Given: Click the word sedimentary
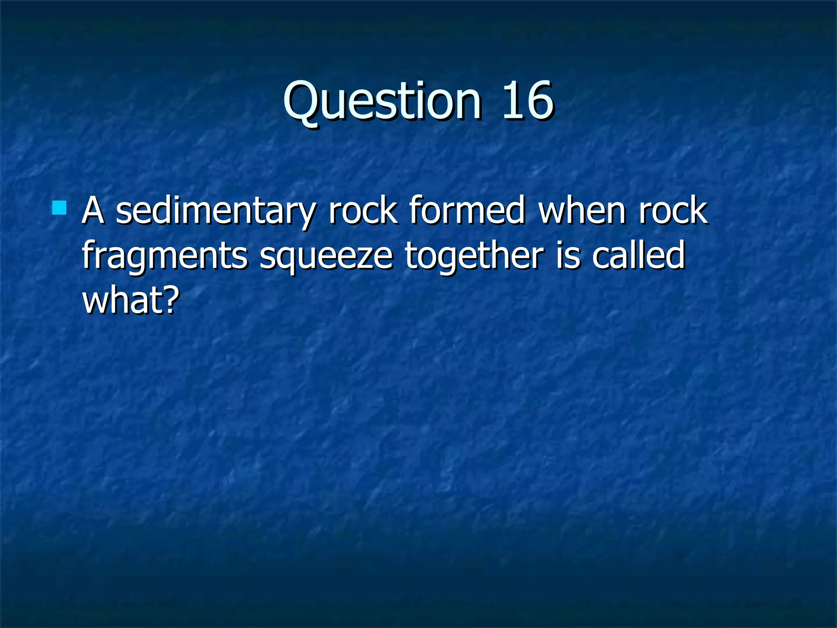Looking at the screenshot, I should coord(216,212).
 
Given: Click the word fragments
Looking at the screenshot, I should coord(165,257).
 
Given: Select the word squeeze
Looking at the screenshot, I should coord(326,257).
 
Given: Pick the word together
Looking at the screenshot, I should coord(474,256).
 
